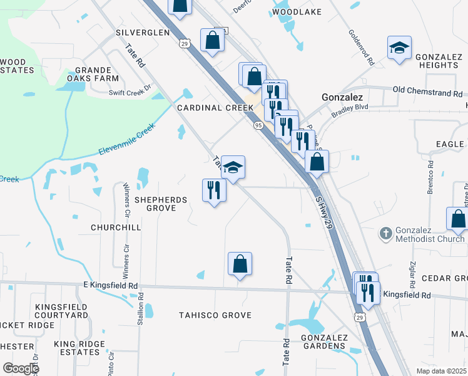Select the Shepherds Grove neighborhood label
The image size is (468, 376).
coord(161,204)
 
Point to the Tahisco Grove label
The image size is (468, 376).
coord(215,315)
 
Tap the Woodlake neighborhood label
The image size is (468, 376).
coord(297,12)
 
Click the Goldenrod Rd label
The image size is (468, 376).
coord(361,49)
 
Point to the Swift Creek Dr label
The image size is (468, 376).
coord(130,90)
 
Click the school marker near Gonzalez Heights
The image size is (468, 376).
coord(399,48)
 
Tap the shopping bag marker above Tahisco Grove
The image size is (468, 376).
coord(240,264)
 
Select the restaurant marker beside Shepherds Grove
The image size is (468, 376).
coord(214,189)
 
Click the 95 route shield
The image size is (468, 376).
coord(258,125)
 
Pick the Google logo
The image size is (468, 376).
coord(21,368)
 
